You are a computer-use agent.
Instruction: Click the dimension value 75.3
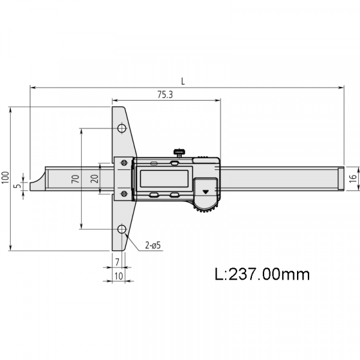point(165,94)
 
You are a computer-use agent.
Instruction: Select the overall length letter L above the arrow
point(183,81)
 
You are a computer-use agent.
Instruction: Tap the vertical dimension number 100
point(5,177)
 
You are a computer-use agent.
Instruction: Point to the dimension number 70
point(76,179)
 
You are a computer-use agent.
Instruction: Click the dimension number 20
point(94,179)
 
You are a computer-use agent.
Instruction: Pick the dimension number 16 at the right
point(353,178)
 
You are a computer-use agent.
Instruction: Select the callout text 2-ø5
point(152,245)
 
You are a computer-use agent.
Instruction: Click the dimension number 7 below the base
point(117,262)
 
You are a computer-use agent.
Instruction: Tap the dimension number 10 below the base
point(119,276)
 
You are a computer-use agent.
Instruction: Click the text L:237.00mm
point(262,274)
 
